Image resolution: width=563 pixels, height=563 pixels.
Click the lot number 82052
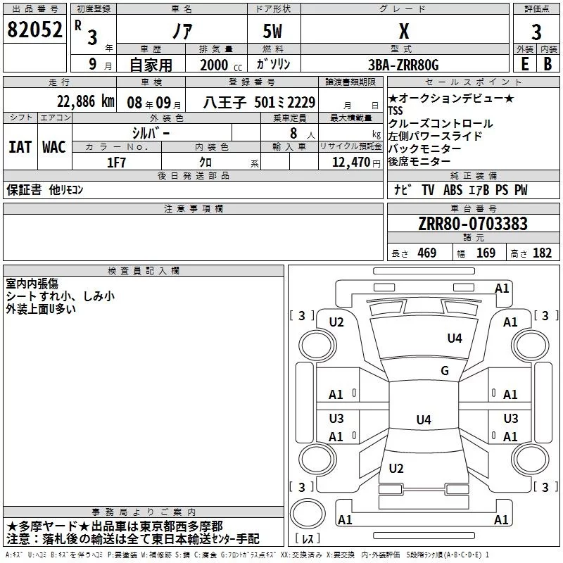tap(34, 30)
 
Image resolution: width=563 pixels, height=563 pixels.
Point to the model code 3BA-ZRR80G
tap(403, 65)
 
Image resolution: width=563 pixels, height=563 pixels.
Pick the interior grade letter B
tap(548, 63)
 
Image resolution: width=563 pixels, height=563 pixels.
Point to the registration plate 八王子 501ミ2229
tap(260, 102)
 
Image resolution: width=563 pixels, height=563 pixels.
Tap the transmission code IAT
tap(20, 147)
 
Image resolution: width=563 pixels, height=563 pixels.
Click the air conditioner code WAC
tap(53, 147)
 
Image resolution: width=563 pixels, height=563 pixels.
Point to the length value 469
tap(426, 253)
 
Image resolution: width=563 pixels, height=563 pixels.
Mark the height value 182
tap(542, 253)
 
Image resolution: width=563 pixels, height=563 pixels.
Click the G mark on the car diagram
tap(445, 371)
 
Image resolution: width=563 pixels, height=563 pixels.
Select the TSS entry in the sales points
tap(397, 111)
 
